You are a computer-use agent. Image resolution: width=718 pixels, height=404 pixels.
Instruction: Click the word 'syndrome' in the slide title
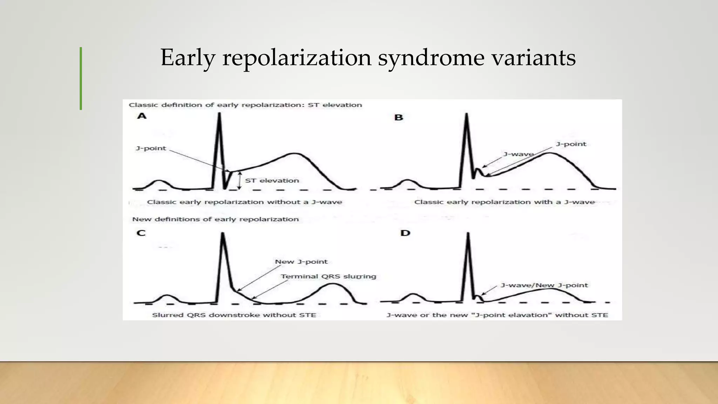[x=431, y=58]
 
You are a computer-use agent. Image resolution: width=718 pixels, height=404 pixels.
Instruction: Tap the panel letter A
[x=142, y=116]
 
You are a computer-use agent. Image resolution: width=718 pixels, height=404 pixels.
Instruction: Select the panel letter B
[x=399, y=117]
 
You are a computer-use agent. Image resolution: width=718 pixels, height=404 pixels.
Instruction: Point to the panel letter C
[x=141, y=233]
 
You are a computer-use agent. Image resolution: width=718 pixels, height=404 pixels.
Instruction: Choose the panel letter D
[x=405, y=233]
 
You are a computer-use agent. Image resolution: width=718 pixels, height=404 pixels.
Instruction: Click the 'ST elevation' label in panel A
[x=272, y=181]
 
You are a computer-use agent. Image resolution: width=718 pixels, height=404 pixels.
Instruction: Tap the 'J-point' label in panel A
[x=151, y=148]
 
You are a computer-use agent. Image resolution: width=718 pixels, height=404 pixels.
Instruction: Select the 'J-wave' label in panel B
[x=518, y=154]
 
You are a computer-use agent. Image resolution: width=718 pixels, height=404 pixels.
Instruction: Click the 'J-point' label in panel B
[x=571, y=144]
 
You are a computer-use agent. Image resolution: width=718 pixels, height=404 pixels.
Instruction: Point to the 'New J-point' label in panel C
[x=301, y=262]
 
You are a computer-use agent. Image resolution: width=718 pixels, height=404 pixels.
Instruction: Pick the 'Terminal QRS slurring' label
[x=328, y=276]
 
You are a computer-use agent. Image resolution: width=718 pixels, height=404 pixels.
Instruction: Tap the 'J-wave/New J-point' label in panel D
[x=544, y=285]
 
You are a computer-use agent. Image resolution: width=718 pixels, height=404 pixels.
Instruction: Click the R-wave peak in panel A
[x=219, y=114]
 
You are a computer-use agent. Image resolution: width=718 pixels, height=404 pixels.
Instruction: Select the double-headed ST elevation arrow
[x=239, y=181]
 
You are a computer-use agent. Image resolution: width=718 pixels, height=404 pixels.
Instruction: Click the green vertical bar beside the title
[x=81, y=79]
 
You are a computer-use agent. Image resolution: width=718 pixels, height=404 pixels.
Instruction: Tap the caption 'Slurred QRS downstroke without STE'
[x=234, y=315]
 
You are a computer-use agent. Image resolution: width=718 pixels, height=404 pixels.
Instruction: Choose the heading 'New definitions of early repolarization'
[x=215, y=219]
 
